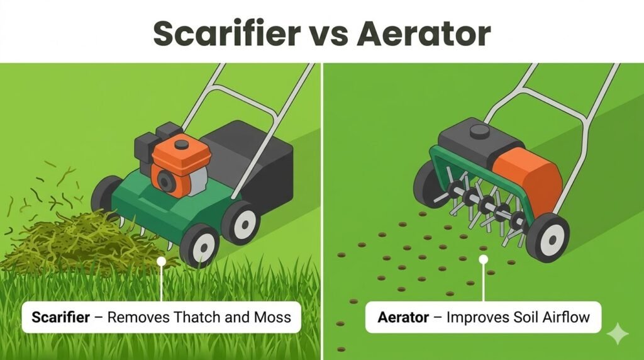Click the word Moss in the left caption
coord(272,316)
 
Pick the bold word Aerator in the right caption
coord(402,316)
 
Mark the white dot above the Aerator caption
coord(483,258)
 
